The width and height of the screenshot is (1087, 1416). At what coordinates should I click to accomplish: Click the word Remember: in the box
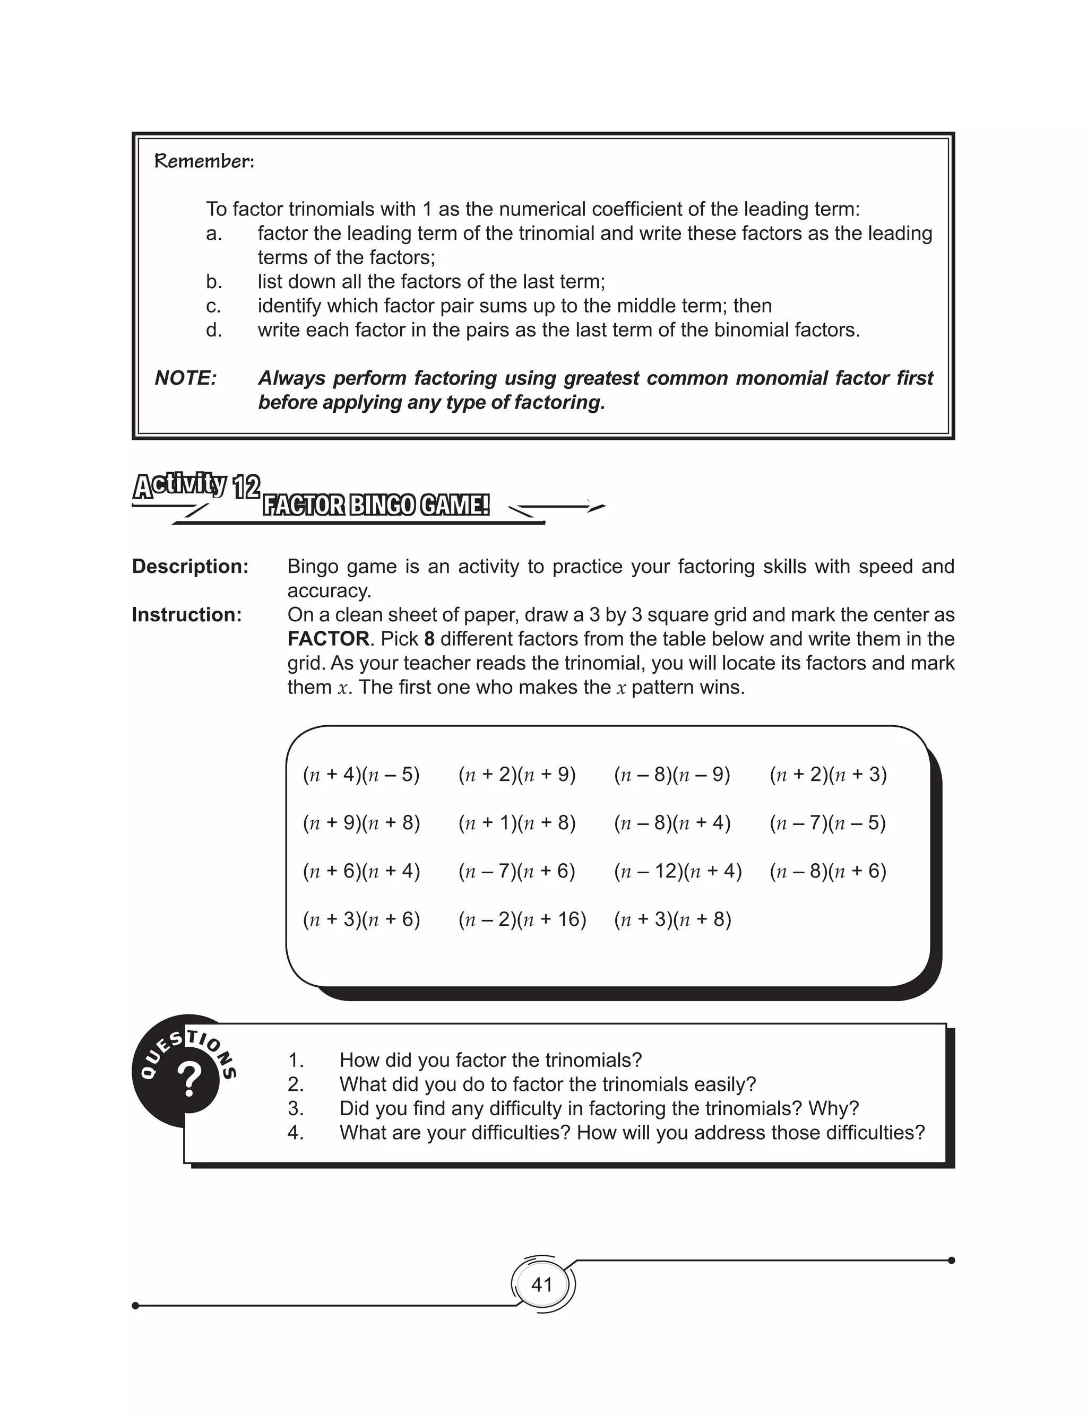pos(204,161)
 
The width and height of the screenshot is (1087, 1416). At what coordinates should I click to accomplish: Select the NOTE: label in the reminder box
pos(186,378)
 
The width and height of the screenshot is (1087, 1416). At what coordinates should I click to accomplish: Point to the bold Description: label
pos(190,567)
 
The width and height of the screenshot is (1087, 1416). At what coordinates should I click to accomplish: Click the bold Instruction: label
pos(187,615)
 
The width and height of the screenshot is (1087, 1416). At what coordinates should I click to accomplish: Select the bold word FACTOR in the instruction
pos(329,639)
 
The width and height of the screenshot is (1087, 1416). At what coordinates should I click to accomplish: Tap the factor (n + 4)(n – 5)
pos(361,775)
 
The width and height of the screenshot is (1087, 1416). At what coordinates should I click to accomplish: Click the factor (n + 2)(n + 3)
pos(827,775)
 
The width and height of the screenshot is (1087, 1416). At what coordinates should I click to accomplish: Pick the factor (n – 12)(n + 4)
pos(677,871)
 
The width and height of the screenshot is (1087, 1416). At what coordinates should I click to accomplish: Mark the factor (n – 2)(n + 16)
pos(522,919)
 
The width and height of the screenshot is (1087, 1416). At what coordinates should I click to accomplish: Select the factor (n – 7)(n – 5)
pos(827,823)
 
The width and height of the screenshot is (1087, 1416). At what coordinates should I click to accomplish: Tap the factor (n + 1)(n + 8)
pos(517,823)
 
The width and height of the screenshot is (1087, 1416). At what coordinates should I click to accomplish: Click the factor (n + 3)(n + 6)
pos(361,919)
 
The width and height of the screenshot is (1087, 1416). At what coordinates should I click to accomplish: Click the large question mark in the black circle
pos(189,1080)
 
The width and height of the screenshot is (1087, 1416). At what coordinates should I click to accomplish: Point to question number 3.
pos(296,1108)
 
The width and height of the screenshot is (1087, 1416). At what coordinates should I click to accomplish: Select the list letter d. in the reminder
pos(214,331)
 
